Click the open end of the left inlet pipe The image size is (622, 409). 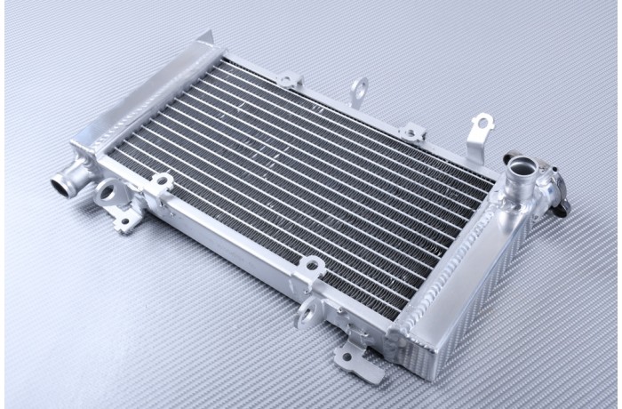pyautogui.click(x=60, y=186)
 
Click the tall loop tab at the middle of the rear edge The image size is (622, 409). pyautogui.click(x=359, y=90)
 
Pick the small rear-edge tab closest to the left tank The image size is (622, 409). pyautogui.click(x=290, y=80)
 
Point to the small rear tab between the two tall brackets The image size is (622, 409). pyautogui.click(x=412, y=132)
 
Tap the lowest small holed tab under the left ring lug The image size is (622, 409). pyautogui.click(x=126, y=219)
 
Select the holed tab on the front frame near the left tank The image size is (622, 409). pyautogui.click(x=161, y=183)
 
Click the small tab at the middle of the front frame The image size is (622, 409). pyautogui.click(x=311, y=265)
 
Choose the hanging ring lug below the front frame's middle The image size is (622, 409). pyautogui.click(x=308, y=311)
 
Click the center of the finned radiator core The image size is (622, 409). pyautogui.click(x=302, y=178)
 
